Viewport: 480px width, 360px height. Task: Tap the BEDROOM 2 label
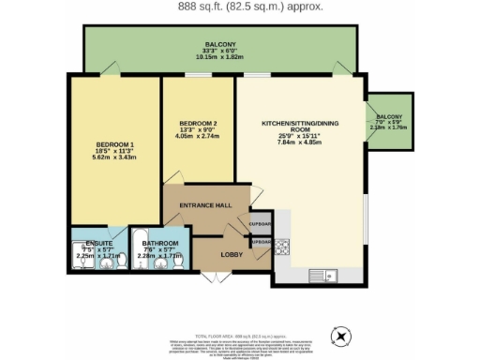pos(198,123)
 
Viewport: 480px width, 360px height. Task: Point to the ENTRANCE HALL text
pos(206,204)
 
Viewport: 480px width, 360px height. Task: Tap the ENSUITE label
pos(85,242)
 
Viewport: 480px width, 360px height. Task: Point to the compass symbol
pos(340,336)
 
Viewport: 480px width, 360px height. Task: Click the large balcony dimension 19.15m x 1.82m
pos(219,56)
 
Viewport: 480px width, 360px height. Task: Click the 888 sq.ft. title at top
pos(239,7)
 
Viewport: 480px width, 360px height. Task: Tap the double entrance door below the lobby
pos(215,277)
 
